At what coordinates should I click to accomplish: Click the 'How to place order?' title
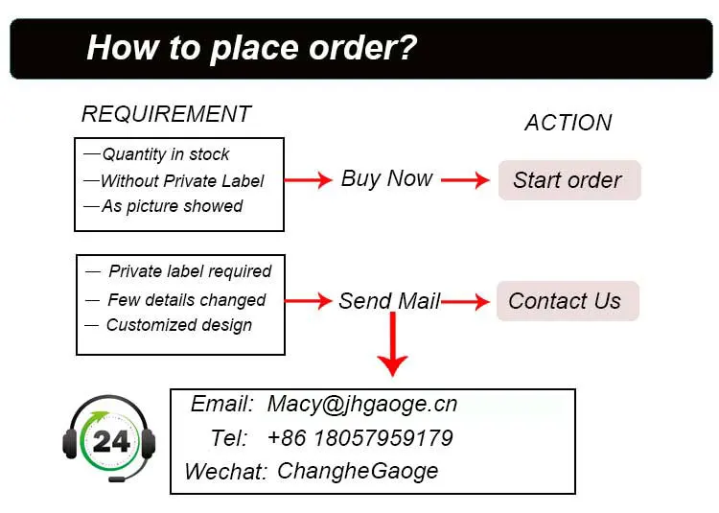point(251,47)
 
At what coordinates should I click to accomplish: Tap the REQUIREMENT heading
point(166,114)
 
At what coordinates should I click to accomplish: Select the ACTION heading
point(568,123)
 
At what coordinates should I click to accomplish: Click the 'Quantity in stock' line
point(166,154)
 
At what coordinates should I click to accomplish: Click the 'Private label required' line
point(190,271)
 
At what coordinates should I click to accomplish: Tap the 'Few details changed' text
point(186,300)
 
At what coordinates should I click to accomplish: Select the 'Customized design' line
point(179,325)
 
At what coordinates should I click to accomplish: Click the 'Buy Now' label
point(386,178)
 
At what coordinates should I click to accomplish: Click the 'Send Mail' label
point(389,301)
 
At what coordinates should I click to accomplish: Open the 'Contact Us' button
point(565,301)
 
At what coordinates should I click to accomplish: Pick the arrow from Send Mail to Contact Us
point(466,302)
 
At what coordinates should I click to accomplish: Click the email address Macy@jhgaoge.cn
point(361,405)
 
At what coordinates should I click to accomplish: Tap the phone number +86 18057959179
point(359,438)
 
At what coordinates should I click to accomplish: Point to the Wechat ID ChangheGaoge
point(358,471)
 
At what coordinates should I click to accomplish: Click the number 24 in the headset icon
point(111,441)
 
